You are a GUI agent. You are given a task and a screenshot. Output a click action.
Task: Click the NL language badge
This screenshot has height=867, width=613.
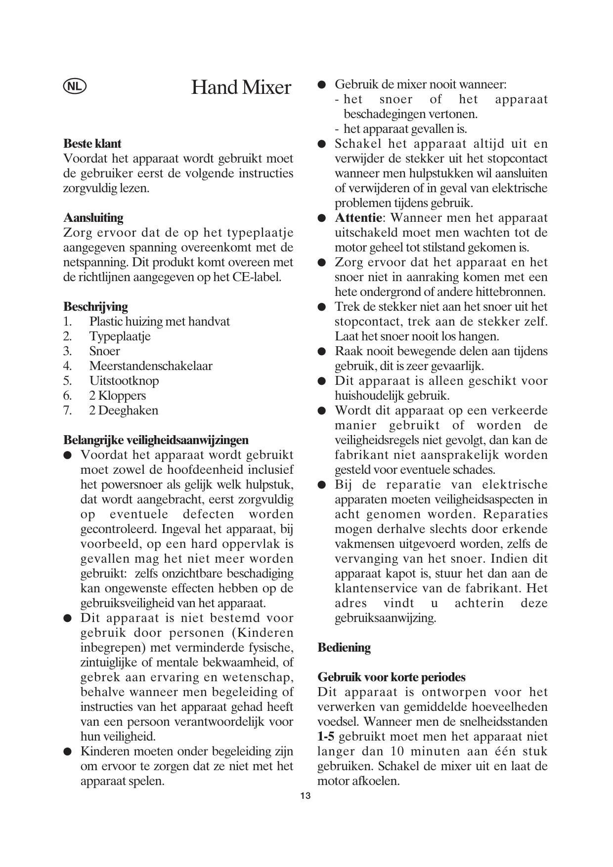tap(75, 86)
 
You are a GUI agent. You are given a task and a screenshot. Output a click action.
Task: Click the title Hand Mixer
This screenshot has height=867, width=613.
tap(241, 87)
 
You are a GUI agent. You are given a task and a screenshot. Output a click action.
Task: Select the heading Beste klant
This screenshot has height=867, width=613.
tap(92, 144)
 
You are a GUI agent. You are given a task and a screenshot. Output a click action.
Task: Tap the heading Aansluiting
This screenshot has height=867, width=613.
tap(93, 218)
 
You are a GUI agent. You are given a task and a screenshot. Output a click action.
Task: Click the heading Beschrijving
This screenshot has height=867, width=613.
tap(95, 307)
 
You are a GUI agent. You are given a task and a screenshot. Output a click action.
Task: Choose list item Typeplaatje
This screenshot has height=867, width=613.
tap(120, 336)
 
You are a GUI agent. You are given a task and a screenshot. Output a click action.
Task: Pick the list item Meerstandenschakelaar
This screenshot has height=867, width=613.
tap(151, 366)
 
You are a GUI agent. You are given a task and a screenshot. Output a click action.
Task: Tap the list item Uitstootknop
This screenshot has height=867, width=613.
tap(124, 381)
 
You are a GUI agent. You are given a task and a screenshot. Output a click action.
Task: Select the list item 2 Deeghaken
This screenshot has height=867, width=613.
tap(124, 411)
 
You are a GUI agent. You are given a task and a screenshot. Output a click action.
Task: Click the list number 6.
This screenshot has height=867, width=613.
tap(68, 396)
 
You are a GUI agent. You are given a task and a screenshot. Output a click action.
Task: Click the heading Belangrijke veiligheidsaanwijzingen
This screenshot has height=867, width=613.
tap(156, 440)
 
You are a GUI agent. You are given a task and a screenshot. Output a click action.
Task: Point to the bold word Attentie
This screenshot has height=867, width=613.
tap(358, 218)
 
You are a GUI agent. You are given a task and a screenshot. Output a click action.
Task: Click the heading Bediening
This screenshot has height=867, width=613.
tap(344, 648)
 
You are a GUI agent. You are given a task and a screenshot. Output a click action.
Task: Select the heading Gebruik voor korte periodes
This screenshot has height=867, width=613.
tap(392, 677)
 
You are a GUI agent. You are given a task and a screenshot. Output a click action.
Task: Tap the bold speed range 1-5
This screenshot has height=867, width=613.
tap(326, 737)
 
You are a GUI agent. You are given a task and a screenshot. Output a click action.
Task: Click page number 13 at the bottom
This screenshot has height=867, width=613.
tap(306, 796)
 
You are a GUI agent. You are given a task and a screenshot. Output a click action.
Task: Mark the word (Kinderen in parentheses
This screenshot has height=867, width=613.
tap(263, 633)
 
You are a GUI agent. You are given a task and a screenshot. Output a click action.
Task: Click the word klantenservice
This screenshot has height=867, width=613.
tap(376, 588)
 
